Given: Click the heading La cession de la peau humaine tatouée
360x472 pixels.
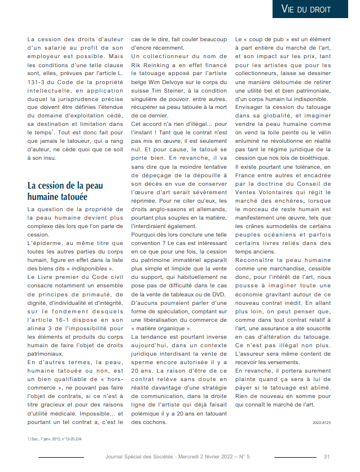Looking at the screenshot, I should tap(65, 191).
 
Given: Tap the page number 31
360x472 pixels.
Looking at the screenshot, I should tap(327, 457).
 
